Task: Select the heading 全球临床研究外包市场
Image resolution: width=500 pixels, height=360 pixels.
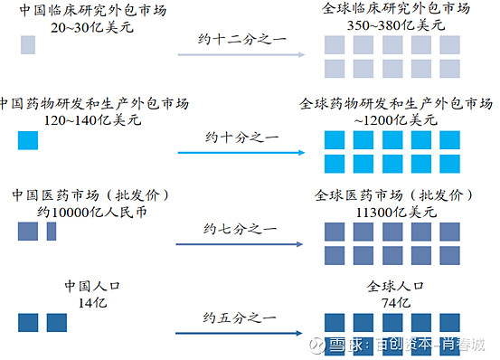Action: click(x=397, y=8)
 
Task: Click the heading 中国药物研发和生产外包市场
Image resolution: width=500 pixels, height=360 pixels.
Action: click(x=84, y=102)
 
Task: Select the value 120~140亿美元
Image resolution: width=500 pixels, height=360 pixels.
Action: click(x=78, y=119)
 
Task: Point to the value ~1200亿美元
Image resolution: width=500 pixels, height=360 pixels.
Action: click(x=397, y=119)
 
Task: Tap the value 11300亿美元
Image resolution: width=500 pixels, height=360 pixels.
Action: click(x=397, y=213)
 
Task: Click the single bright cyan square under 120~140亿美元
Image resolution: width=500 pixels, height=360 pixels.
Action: click(x=28, y=141)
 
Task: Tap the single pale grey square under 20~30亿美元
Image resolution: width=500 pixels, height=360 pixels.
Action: click(x=28, y=45)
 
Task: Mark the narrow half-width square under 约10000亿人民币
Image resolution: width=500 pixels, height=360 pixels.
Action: click(x=52, y=232)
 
